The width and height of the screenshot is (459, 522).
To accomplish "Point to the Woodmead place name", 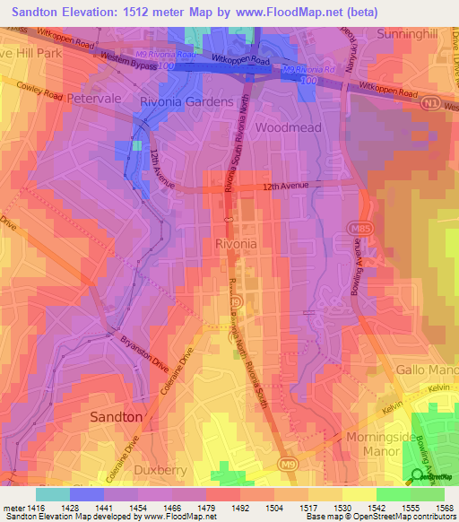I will point(288,127).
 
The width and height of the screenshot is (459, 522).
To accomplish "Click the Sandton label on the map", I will point(116,417).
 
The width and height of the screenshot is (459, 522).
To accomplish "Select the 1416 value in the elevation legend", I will point(36,508).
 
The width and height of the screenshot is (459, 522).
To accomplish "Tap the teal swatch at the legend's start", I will point(53,494).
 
